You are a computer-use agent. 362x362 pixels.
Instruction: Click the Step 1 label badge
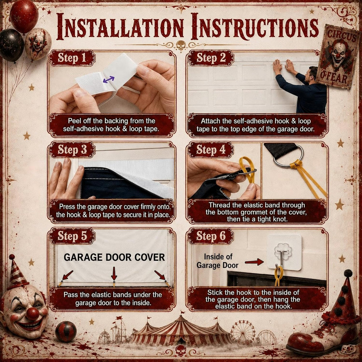click(x=72, y=58)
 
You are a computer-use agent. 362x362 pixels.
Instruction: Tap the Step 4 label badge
click(x=210, y=150)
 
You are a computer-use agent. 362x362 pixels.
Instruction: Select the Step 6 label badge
click(x=210, y=236)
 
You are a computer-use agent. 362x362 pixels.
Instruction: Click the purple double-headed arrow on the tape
click(x=109, y=80)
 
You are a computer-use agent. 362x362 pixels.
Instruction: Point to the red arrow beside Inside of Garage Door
click(x=254, y=262)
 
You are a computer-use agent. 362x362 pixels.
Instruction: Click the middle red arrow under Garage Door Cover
click(x=114, y=274)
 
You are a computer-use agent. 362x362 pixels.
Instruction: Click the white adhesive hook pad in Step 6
click(x=285, y=252)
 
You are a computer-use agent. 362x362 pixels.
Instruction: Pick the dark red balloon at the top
click(x=24, y=16)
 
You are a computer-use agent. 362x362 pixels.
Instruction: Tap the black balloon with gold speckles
click(x=11, y=45)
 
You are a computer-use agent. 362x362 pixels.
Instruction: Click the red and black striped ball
click(x=66, y=332)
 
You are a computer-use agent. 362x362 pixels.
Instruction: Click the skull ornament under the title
click(x=181, y=45)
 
